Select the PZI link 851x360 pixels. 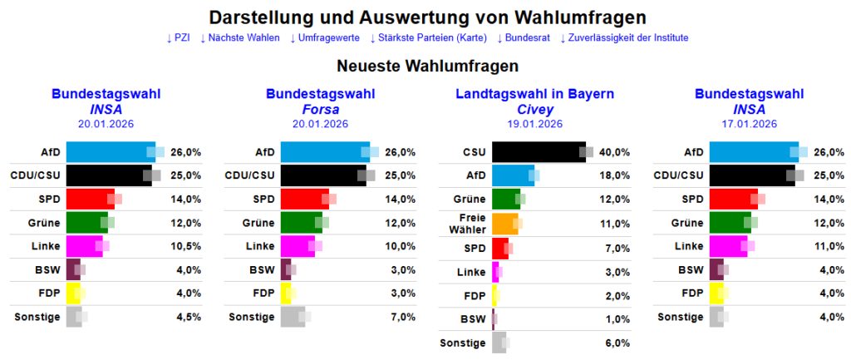(178, 37)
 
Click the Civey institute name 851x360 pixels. (534, 109)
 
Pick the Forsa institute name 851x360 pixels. (320, 109)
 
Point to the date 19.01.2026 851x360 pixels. (534, 124)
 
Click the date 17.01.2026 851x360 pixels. (749, 124)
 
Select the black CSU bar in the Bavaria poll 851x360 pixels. (539, 152)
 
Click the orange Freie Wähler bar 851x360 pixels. (504, 224)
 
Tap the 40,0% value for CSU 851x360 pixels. (614, 152)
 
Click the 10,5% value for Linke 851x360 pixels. (185, 246)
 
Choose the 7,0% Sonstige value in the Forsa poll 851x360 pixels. (401, 317)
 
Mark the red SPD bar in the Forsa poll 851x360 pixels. (304, 200)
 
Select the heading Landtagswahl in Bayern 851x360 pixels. (534, 94)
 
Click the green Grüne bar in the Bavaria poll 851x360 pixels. (505, 200)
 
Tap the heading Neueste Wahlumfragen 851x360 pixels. (427, 66)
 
